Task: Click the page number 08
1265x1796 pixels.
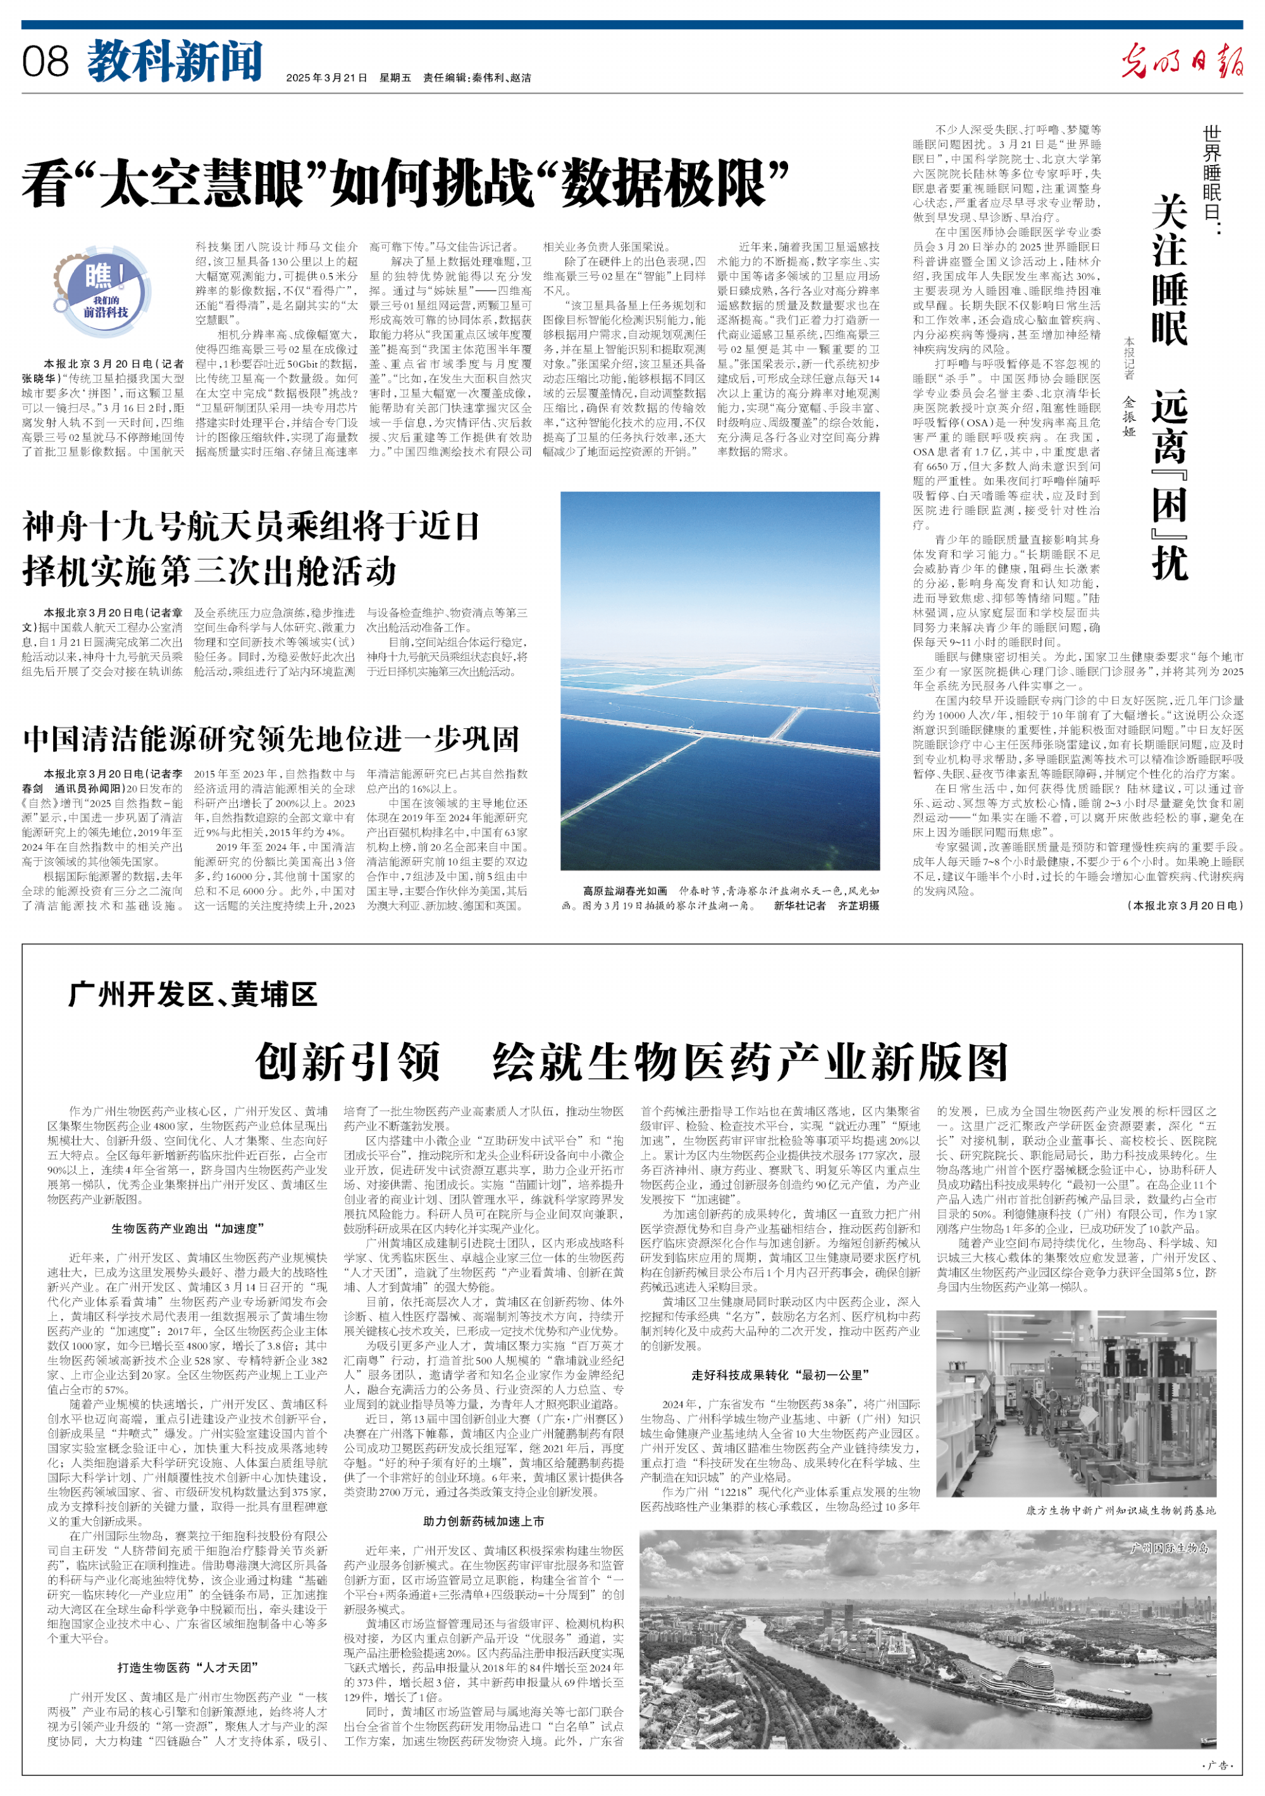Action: coord(46,62)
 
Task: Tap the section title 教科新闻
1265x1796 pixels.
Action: coord(175,62)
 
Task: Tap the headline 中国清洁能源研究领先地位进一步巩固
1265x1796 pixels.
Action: coord(271,738)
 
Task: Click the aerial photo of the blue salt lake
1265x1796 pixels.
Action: coord(720,680)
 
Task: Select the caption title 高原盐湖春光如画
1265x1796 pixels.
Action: coord(625,891)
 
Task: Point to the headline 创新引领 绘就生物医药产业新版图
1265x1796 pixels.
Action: coord(631,1062)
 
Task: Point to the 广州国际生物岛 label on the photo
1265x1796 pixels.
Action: coord(1169,1548)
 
